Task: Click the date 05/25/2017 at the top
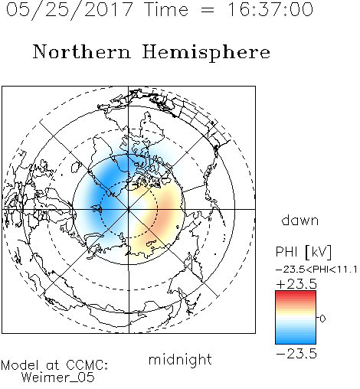(70, 9)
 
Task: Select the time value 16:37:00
(270, 9)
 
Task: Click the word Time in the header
(166, 9)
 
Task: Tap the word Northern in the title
(82, 52)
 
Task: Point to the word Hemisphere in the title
(206, 53)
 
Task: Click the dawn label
(300, 220)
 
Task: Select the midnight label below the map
(180, 359)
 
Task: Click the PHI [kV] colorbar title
(303, 252)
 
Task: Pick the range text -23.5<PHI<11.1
(316, 270)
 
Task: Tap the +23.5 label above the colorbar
(296, 284)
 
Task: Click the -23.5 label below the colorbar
(296, 354)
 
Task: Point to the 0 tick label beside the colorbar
(322, 319)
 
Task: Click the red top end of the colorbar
(296, 293)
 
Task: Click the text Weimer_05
(58, 377)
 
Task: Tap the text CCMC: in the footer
(87, 365)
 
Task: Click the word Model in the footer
(20, 365)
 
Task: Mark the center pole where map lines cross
(129, 209)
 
